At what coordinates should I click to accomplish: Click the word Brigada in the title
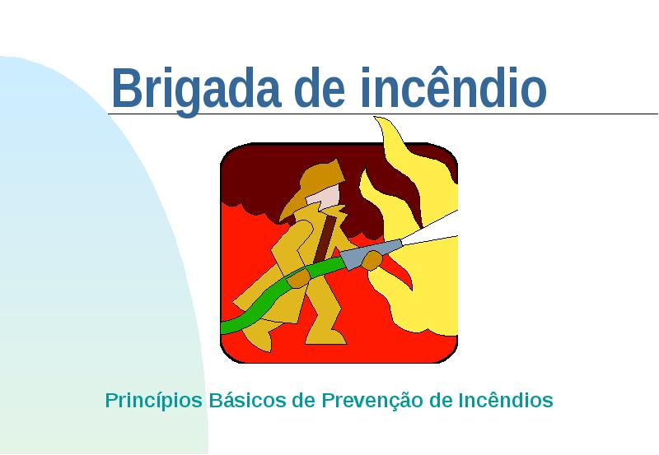point(196,89)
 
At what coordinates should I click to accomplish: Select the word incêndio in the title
point(454,87)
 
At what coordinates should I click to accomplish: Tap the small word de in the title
point(320,87)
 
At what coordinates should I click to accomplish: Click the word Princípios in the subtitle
point(154,401)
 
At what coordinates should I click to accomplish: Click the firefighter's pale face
point(325,197)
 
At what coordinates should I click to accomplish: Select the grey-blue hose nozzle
point(370,253)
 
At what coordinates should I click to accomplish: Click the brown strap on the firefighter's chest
point(325,240)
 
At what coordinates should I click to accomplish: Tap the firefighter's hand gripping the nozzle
point(372,260)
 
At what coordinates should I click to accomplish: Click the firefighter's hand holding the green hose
point(298,279)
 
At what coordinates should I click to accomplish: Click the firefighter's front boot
point(326,337)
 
